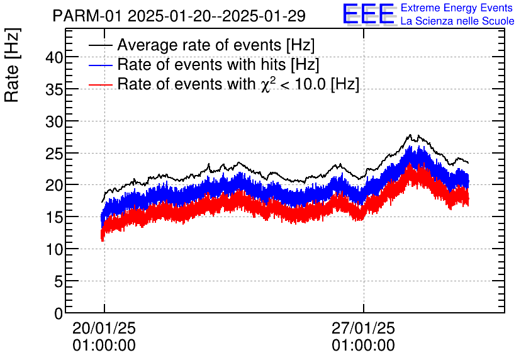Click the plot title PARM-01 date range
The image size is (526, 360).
(179, 16)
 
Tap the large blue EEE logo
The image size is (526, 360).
(369, 14)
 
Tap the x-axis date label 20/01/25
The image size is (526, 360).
(104, 329)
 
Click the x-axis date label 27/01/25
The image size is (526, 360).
(364, 329)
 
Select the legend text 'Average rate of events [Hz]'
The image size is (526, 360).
(216, 46)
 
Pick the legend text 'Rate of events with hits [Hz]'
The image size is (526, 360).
(218, 65)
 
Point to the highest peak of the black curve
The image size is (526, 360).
(410, 135)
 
